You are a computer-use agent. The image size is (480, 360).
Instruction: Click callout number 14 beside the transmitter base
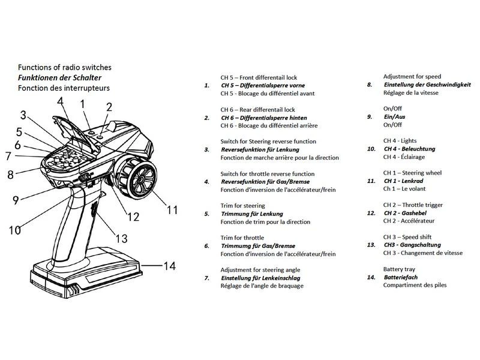pos(170,265)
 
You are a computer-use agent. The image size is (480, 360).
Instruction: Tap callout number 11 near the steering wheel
pos(173,210)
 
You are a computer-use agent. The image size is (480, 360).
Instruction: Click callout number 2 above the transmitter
pos(109,108)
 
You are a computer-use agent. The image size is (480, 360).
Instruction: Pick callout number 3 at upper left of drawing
pos(23,115)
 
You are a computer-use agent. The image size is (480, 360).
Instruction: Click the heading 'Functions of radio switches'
pos(64,67)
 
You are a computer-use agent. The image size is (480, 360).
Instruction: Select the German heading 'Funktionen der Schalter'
pos(59,77)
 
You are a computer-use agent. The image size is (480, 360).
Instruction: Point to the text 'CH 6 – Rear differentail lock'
pos(258,110)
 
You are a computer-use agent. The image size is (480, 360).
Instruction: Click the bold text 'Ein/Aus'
pos(394,117)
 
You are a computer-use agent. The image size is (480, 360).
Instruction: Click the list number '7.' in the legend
pos(207,278)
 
